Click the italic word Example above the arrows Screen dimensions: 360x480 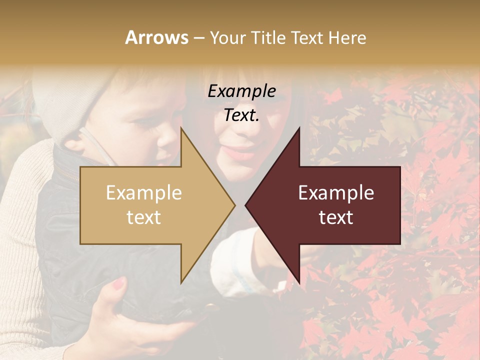coord(241,91)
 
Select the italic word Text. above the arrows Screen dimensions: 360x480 coord(241,115)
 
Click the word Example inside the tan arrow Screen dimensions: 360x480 coord(144,193)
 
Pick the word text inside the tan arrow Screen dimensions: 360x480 coord(144,217)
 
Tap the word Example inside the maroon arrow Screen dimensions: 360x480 coord(336,193)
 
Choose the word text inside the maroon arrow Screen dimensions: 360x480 coord(336,217)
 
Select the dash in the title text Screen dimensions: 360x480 coord(198,38)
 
